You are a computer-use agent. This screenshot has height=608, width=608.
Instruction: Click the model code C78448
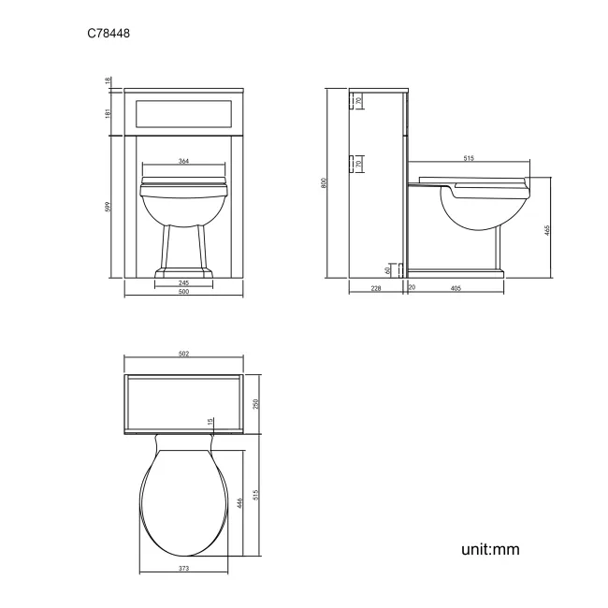tap(109, 34)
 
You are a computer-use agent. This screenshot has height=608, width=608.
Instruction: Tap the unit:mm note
tap(489, 549)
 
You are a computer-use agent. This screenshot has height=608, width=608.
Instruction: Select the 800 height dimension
tap(324, 183)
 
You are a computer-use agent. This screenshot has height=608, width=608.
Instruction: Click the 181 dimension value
tap(109, 113)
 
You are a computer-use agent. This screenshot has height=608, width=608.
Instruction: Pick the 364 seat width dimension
tap(183, 162)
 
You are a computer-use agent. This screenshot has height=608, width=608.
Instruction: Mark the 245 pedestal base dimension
tap(183, 282)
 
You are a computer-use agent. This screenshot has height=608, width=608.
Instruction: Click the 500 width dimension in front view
tap(183, 293)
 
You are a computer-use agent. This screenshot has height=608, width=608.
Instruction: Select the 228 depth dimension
tap(376, 289)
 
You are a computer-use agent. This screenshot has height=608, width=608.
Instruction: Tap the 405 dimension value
tap(456, 289)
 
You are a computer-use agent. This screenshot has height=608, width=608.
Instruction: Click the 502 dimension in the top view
tap(183, 354)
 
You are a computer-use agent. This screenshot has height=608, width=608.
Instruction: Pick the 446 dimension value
tap(239, 503)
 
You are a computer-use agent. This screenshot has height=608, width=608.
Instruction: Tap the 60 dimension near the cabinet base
tap(387, 269)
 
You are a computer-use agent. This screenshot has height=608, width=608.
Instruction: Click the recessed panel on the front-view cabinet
tap(183, 113)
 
